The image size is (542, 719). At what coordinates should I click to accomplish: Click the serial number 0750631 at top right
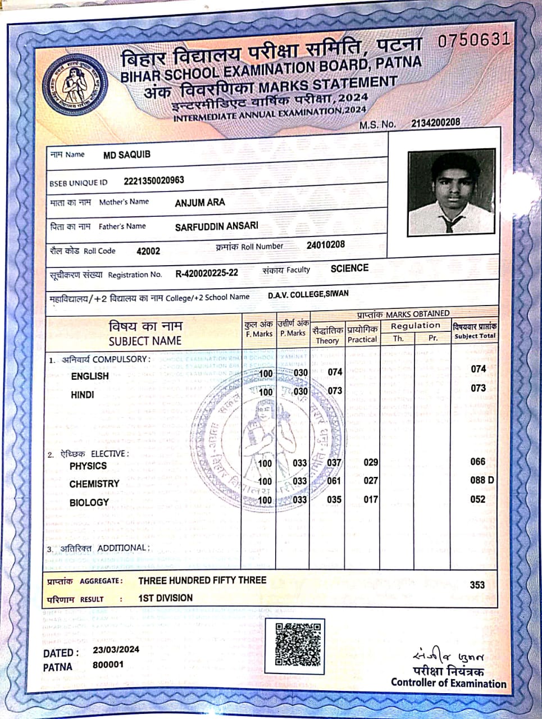[x=473, y=40]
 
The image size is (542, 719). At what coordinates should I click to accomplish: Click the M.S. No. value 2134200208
[x=435, y=122]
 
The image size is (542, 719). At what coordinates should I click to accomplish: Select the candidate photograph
[x=452, y=192]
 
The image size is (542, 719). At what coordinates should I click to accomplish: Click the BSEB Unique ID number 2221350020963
[x=153, y=181]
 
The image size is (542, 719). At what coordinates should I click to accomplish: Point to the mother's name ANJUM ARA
[x=199, y=202]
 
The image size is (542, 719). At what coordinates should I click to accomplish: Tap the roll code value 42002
[x=148, y=251]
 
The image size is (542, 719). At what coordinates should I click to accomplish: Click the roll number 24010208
[x=326, y=245]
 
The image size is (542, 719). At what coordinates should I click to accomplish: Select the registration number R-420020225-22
[x=207, y=274]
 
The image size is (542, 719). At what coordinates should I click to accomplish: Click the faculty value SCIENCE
[x=349, y=269]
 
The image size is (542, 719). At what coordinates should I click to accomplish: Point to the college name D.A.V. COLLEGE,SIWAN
[x=308, y=294]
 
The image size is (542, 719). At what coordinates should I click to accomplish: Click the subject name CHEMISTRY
[x=94, y=484]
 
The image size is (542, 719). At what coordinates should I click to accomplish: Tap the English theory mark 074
[x=335, y=372]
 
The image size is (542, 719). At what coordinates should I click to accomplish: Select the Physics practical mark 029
[x=371, y=462]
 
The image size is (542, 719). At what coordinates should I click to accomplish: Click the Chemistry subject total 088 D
[x=482, y=480]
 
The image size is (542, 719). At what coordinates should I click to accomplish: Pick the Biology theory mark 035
[x=334, y=499]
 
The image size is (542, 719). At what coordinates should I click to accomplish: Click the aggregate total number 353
[x=477, y=585]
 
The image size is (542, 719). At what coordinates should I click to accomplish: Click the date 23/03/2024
[x=116, y=650]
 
